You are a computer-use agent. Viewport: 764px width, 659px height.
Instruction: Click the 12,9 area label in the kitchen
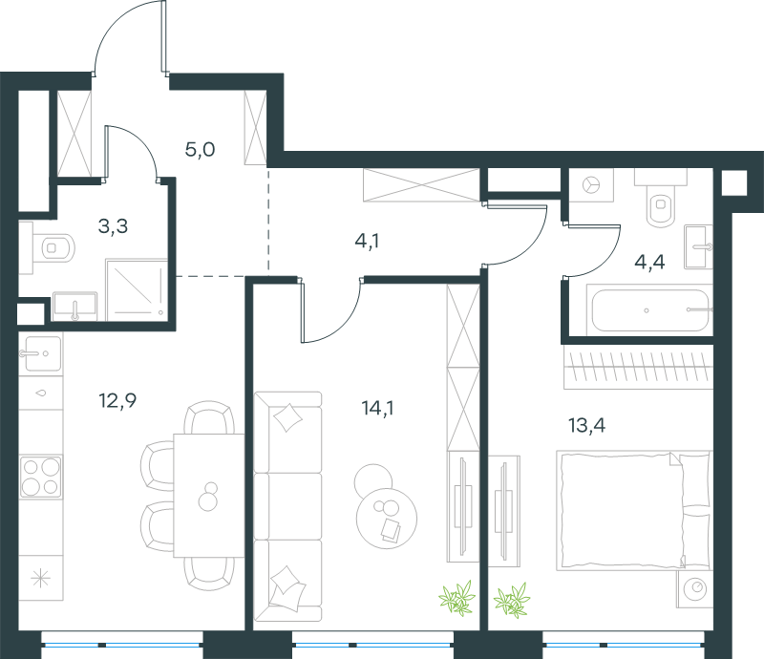(117, 401)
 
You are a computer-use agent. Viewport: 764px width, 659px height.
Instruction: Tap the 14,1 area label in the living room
(377, 408)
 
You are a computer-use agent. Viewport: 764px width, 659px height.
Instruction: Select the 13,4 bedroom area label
(586, 426)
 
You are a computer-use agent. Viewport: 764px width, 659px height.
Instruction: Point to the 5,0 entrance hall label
(200, 149)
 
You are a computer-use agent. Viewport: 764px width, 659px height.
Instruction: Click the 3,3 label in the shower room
(113, 226)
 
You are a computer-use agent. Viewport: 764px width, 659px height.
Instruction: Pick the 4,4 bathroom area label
(649, 263)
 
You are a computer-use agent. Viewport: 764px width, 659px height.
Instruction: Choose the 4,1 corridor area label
(367, 241)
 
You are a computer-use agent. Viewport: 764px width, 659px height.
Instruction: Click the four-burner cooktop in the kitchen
(41, 477)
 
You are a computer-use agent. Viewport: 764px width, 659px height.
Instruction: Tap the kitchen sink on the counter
(41, 353)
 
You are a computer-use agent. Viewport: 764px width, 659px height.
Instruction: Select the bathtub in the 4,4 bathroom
(650, 310)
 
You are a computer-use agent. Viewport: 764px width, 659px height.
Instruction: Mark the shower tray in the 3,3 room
(137, 290)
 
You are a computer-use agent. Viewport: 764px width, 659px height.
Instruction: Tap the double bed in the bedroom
(634, 510)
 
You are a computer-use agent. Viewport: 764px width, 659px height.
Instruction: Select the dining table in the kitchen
(209, 495)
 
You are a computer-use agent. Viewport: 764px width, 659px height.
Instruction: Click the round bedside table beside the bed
(695, 589)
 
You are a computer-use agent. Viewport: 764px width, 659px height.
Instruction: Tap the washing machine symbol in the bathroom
(591, 185)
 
